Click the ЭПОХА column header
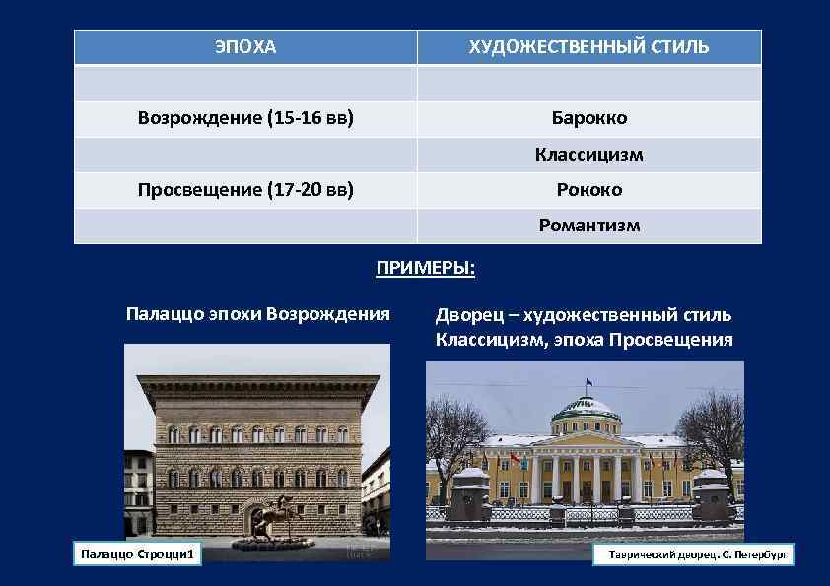pyautogui.click(x=245, y=47)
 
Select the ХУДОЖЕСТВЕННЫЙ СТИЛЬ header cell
pyautogui.click(x=588, y=47)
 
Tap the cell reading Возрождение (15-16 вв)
pyautogui.click(x=245, y=118)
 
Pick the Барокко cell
pyautogui.click(x=588, y=118)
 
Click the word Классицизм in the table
pyautogui.click(x=588, y=155)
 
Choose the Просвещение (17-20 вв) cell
pyautogui.click(x=245, y=189)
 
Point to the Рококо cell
pyautogui.click(x=588, y=189)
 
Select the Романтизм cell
pyautogui.click(x=588, y=226)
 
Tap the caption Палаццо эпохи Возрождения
pyautogui.click(x=258, y=314)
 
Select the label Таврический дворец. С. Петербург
pyautogui.click(x=696, y=555)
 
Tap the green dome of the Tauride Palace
pyautogui.click(x=588, y=406)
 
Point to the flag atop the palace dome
pyautogui.click(x=588, y=381)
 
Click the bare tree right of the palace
pyautogui.click(x=712, y=433)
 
